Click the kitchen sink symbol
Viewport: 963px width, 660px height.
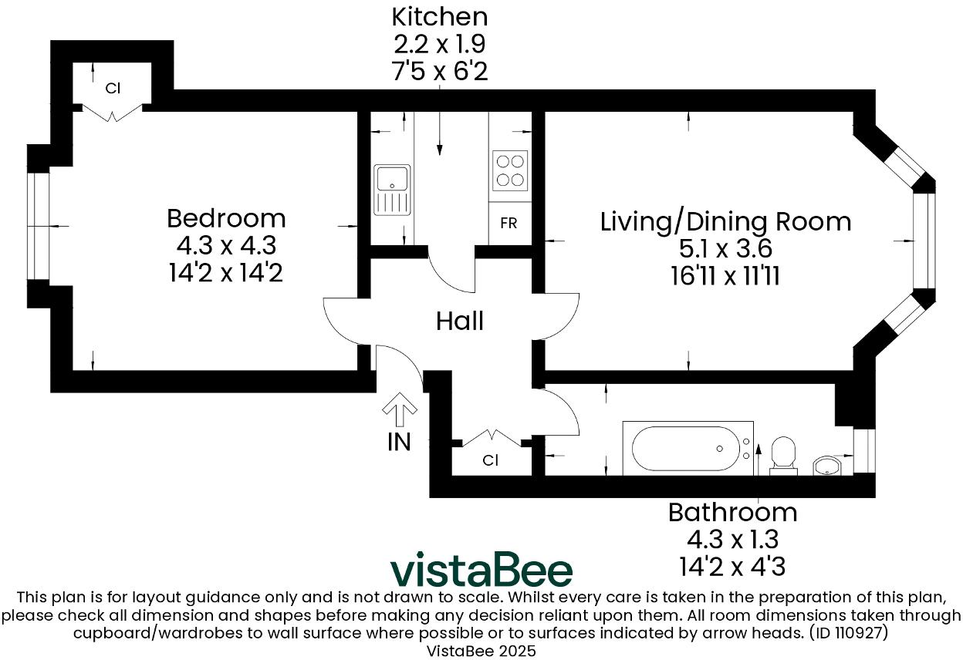(x=393, y=190)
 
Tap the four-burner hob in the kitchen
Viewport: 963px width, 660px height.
(x=509, y=170)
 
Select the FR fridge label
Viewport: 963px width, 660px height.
(x=509, y=224)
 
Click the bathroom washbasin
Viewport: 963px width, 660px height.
(x=828, y=465)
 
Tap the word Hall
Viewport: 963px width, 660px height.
(x=460, y=321)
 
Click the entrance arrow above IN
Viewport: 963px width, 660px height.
(x=400, y=409)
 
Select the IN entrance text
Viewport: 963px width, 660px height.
(x=399, y=442)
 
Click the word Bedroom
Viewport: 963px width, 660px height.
(x=226, y=218)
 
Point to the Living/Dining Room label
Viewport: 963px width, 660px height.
(x=725, y=221)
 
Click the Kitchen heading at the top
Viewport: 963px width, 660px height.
(x=440, y=16)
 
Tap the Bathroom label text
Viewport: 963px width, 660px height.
(x=732, y=512)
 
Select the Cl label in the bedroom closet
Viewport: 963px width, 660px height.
(x=113, y=88)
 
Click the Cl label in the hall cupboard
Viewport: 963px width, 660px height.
(x=491, y=460)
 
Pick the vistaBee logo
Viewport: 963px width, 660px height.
(x=481, y=570)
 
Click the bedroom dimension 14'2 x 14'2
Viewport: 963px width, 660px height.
(x=226, y=272)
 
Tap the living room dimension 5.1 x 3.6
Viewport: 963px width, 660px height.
(x=725, y=249)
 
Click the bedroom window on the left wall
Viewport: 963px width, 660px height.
(x=39, y=225)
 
